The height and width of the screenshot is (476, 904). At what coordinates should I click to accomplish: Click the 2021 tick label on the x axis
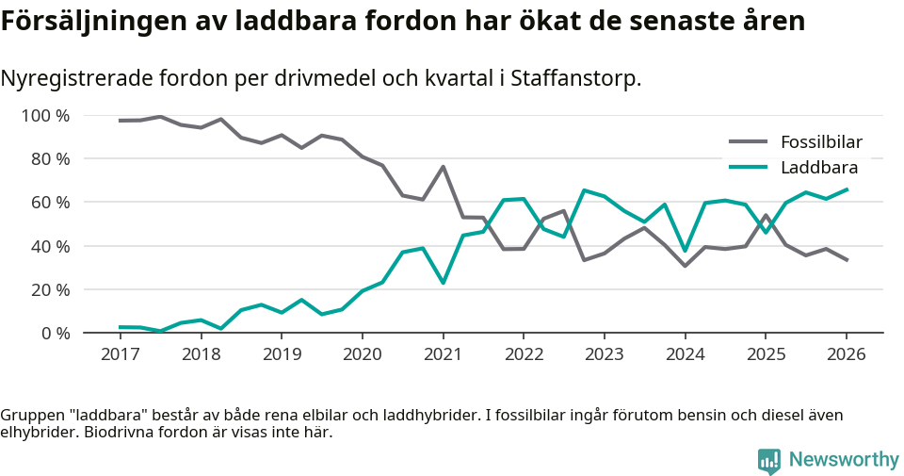click(443, 354)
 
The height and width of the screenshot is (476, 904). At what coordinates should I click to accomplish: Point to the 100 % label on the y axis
click(45, 116)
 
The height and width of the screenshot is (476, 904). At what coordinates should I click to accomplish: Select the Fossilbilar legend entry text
click(821, 143)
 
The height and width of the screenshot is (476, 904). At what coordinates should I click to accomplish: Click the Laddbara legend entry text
click(818, 168)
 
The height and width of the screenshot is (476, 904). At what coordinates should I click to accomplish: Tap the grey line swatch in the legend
click(749, 143)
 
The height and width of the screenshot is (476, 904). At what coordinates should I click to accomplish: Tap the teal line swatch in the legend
click(749, 168)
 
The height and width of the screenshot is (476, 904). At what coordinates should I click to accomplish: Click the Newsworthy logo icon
click(769, 460)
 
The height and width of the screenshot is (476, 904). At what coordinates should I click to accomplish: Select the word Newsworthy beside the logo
click(844, 460)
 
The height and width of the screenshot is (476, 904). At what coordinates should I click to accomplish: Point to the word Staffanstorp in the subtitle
click(573, 78)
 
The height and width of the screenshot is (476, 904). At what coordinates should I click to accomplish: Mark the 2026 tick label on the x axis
click(846, 354)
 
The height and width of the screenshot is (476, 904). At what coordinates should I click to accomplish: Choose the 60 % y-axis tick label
click(49, 203)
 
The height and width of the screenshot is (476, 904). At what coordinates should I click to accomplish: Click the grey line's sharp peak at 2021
click(443, 167)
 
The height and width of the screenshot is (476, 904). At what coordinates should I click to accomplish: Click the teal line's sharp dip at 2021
click(443, 283)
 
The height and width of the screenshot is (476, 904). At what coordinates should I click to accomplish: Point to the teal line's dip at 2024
click(685, 251)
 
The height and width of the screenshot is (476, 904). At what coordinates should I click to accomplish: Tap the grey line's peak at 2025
click(766, 215)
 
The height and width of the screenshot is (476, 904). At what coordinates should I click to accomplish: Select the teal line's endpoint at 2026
click(846, 189)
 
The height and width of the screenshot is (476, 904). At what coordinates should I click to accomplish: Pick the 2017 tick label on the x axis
click(121, 354)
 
